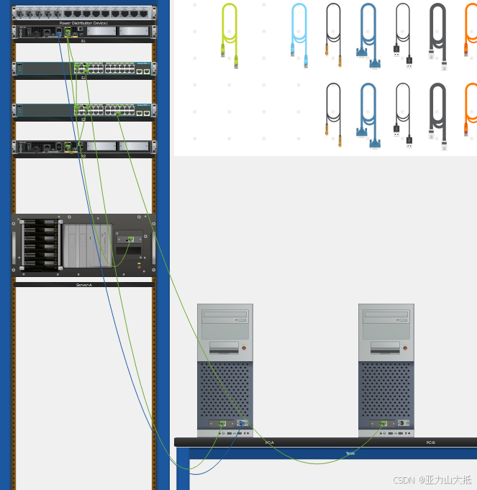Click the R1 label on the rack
pyautogui.click(x=83, y=41)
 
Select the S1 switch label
pyautogui.click(x=83, y=77)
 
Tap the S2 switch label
pyautogui.click(x=83, y=119)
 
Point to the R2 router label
pyautogui.click(x=83, y=155)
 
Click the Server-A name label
pyautogui.click(x=83, y=285)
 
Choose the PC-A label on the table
pyautogui.click(x=269, y=443)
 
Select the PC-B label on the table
pyautogui.click(x=430, y=443)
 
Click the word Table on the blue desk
pyautogui.click(x=350, y=453)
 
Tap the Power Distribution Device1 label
pyautogui.click(x=83, y=23)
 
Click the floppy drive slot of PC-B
pyautogui.click(x=386, y=348)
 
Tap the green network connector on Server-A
pyautogui.click(x=130, y=239)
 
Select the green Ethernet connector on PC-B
pyautogui.click(x=384, y=423)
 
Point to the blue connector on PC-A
pyautogui.click(x=242, y=423)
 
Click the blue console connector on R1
pyautogui.click(x=59, y=32)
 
